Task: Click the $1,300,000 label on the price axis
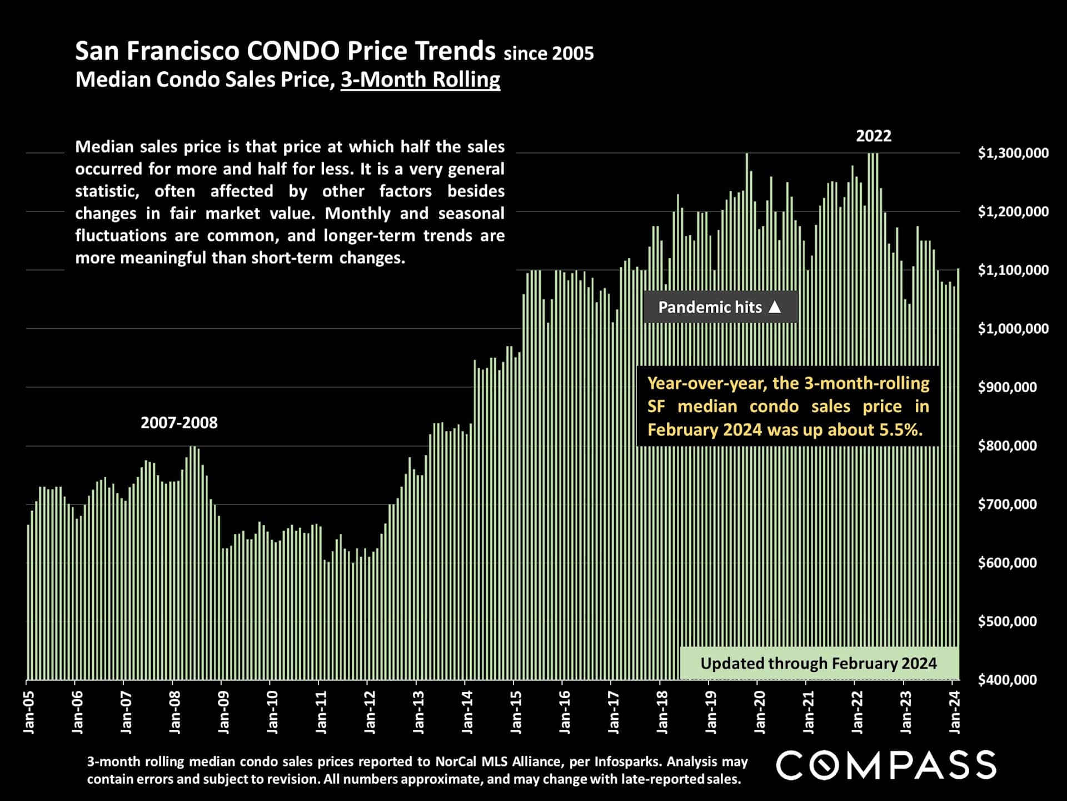point(1013,153)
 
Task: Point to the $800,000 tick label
point(1007,446)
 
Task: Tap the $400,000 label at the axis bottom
point(1007,680)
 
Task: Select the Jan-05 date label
point(29,713)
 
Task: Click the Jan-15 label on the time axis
point(516,713)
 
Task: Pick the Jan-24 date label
point(955,713)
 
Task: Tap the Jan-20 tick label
point(760,713)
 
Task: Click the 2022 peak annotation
point(873,136)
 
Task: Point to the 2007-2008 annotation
point(179,423)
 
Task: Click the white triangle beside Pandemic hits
point(775,306)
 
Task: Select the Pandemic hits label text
point(710,307)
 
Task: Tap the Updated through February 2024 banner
point(819,663)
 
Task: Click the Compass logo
point(886,765)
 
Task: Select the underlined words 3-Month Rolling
point(420,80)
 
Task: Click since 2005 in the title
point(549,53)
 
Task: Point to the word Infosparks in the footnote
point(626,762)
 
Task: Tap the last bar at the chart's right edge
point(958,473)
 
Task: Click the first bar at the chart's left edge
point(28,601)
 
